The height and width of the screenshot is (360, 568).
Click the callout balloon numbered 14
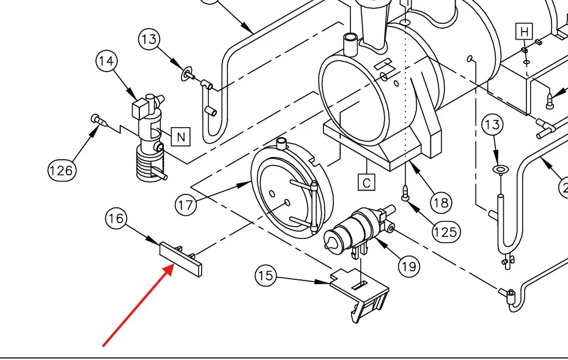(x=107, y=61)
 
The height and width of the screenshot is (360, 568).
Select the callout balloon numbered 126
(x=61, y=169)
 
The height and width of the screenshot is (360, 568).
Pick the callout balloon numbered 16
(x=117, y=218)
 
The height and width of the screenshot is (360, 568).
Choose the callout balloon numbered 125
(x=446, y=231)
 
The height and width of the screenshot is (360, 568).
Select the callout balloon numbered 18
(x=441, y=201)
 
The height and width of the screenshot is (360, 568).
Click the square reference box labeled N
(x=181, y=137)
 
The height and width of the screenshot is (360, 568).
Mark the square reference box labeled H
(x=524, y=31)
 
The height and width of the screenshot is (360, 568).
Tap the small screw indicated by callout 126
(x=96, y=119)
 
